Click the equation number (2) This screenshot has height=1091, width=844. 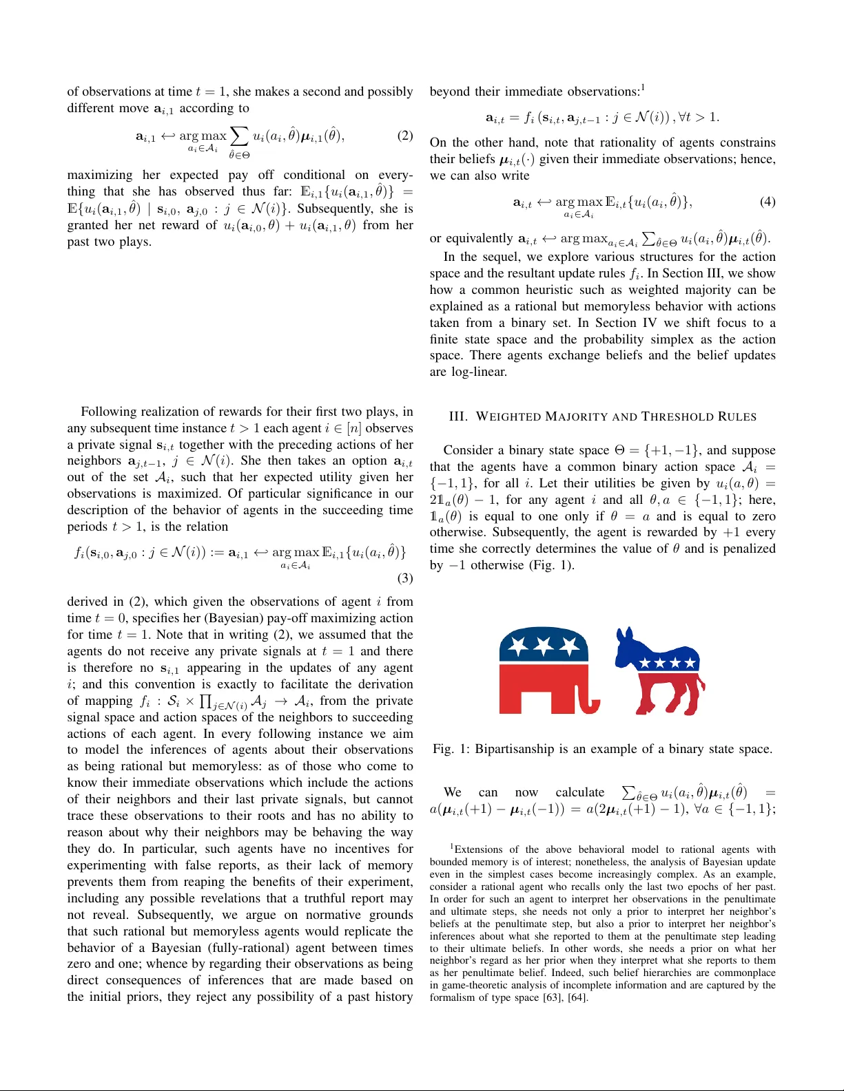coord(405,136)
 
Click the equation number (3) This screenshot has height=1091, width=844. coord(405,578)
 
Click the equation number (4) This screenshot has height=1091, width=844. coord(768,202)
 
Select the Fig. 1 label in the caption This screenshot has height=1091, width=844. coord(452,749)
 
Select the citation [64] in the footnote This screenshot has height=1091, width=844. coord(577,997)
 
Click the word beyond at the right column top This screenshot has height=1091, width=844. coord(450,92)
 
